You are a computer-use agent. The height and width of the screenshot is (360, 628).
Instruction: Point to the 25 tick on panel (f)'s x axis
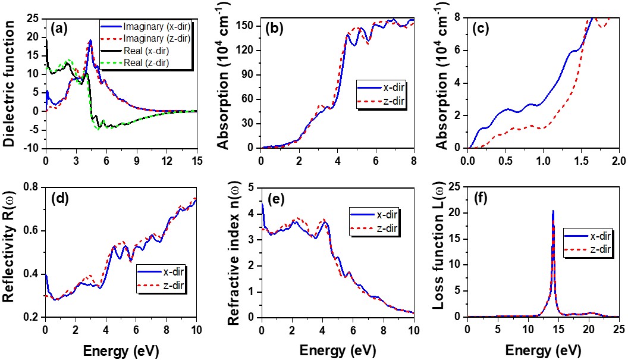618,327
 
